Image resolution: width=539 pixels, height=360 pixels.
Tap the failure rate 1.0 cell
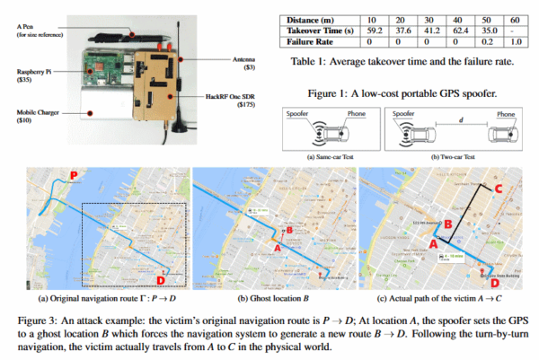tap(515, 40)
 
